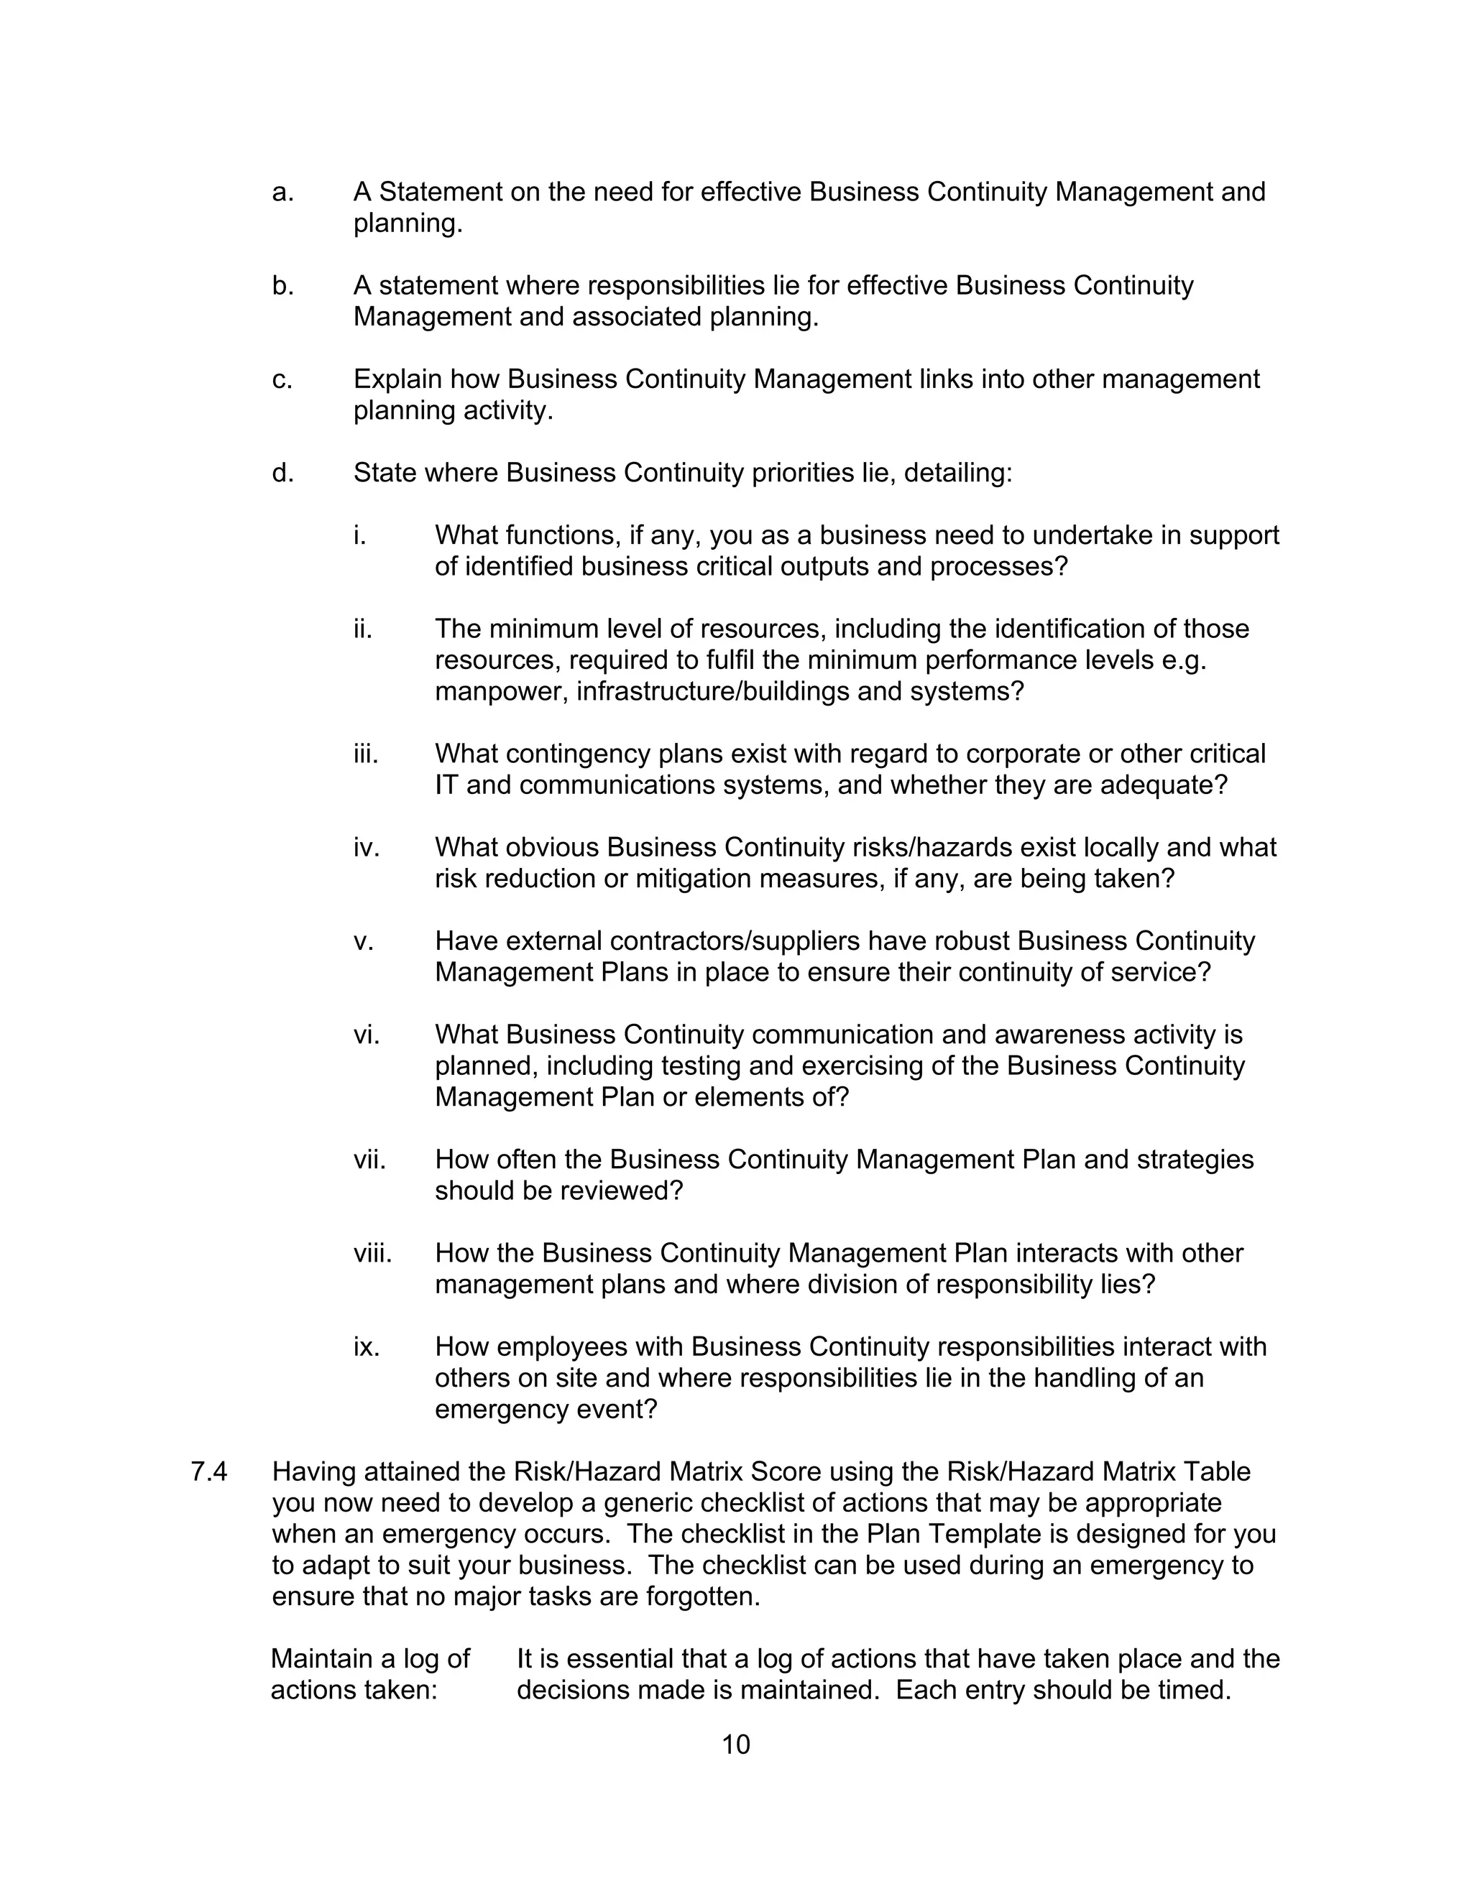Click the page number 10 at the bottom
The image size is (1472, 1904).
click(x=735, y=1744)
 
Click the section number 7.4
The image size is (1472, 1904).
click(x=208, y=1471)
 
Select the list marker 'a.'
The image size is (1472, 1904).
click(x=282, y=192)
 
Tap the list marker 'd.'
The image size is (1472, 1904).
click(x=282, y=473)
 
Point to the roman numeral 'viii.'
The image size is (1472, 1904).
click(x=372, y=1253)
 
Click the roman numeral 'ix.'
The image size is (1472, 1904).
click(x=367, y=1347)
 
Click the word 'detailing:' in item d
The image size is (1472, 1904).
click(x=958, y=473)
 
